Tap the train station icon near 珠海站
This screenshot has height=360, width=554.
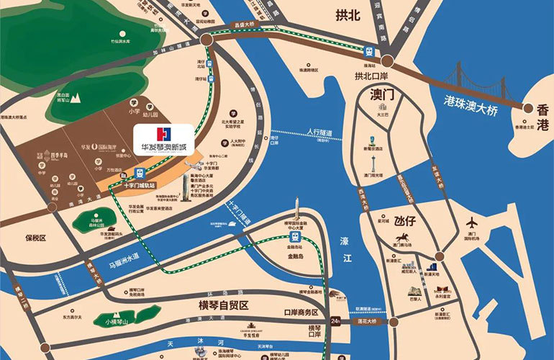(x=369, y=51)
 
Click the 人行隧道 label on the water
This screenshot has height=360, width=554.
(x=319, y=133)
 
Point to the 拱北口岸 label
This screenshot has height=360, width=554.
(x=371, y=75)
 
